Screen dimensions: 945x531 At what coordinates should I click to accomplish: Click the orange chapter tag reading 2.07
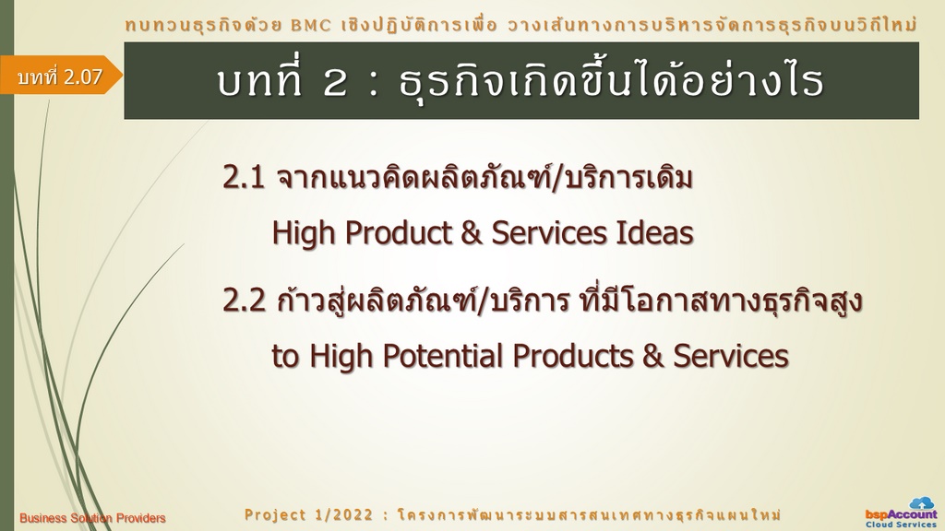pos(60,76)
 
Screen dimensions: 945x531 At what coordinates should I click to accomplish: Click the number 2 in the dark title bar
pos(335,82)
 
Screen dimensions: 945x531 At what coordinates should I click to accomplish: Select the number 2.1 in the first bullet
pos(244,177)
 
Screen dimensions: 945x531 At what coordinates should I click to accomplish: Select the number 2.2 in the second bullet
pos(244,300)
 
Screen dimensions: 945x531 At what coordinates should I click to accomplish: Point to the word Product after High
pos(399,233)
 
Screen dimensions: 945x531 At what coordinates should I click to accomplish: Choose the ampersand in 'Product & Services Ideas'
pos(472,233)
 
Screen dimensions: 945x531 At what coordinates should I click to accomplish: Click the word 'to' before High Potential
pos(285,357)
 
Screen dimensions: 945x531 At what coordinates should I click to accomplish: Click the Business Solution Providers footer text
pos(92,518)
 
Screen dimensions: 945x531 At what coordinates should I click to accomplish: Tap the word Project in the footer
pos(275,514)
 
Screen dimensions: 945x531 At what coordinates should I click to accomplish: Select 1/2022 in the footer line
pos(344,514)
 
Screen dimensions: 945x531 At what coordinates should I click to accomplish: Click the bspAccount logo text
pos(902,514)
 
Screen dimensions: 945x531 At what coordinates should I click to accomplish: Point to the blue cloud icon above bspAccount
pos(922,502)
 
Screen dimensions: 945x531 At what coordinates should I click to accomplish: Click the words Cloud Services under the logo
pos(902,525)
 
